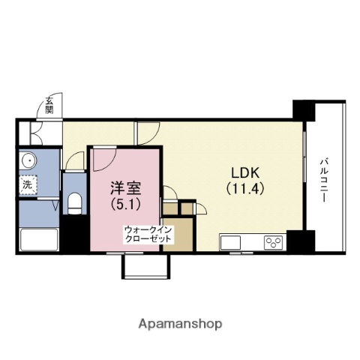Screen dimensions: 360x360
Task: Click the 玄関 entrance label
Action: [49, 104]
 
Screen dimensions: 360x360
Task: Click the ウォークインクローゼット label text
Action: [148, 233]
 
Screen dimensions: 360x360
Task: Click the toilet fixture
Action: [73, 202]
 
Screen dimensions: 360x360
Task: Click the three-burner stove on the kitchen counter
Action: [273, 242]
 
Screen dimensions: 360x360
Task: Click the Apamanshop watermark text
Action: [180, 324]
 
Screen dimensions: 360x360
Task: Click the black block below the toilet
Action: [73, 236]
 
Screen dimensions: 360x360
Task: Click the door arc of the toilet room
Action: [75, 160]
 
